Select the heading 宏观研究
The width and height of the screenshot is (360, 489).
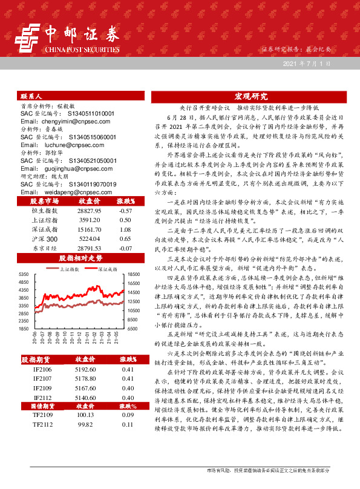250,96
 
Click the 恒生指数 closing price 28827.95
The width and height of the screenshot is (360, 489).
85,211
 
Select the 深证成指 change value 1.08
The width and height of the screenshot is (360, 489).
125,231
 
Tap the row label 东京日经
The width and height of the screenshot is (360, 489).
44,249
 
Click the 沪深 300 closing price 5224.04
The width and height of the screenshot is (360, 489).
85,240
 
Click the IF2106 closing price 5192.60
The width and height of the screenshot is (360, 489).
85,369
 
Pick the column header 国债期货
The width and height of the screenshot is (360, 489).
44,406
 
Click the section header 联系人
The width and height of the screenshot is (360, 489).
31,96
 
